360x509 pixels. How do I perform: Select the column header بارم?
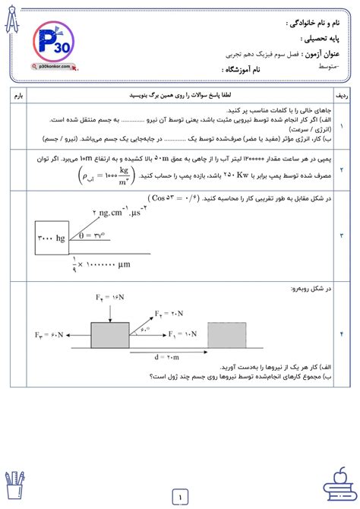[x=20, y=96]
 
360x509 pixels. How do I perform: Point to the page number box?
[x=180, y=498]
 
